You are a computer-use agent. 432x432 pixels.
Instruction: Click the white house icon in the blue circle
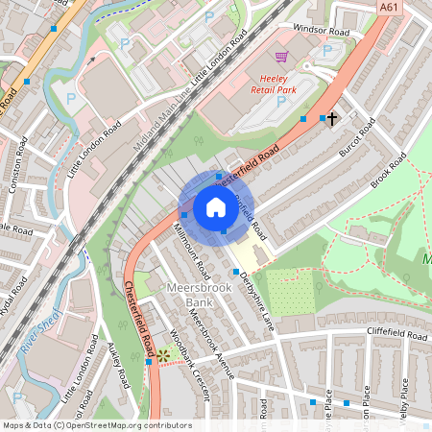pyautogui.click(x=216, y=207)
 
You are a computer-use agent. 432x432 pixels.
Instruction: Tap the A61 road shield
pyautogui.click(x=389, y=8)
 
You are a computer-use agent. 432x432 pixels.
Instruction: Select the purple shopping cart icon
pyautogui.click(x=280, y=58)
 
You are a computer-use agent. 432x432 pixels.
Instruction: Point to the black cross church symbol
pyautogui.click(x=332, y=119)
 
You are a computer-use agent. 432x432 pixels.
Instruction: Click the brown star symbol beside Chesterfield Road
pyautogui.click(x=163, y=355)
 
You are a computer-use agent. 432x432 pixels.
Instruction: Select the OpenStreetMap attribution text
pyautogui.click(x=97, y=424)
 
